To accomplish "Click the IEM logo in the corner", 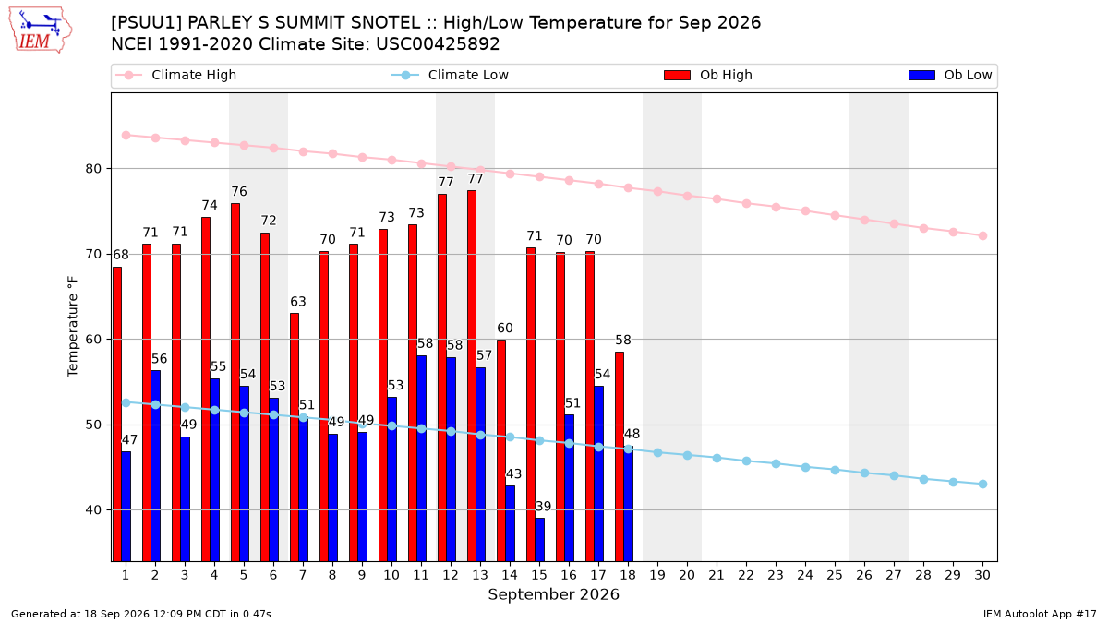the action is click(41, 30).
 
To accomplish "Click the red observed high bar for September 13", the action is click(472, 376).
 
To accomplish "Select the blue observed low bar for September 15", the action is click(539, 539).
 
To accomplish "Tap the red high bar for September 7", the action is click(295, 437).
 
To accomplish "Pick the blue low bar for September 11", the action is click(421, 459).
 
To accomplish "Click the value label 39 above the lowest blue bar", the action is click(543, 507).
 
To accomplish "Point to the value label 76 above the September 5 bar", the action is click(239, 191).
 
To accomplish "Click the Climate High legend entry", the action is click(175, 75).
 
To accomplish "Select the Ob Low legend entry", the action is click(950, 75).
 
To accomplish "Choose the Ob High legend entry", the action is click(708, 75).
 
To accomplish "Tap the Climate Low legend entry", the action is click(450, 75).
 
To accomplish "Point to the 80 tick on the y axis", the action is click(93, 169).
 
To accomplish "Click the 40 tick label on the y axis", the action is click(93, 510).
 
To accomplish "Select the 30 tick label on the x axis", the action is click(982, 575).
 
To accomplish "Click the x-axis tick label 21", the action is click(717, 575).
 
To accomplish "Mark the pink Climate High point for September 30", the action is click(982, 236).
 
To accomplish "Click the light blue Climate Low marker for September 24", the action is click(805, 467).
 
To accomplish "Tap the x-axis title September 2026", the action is click(553, 594).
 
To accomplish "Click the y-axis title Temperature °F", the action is click(73, 327).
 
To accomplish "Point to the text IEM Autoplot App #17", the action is click(1040, 614).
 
